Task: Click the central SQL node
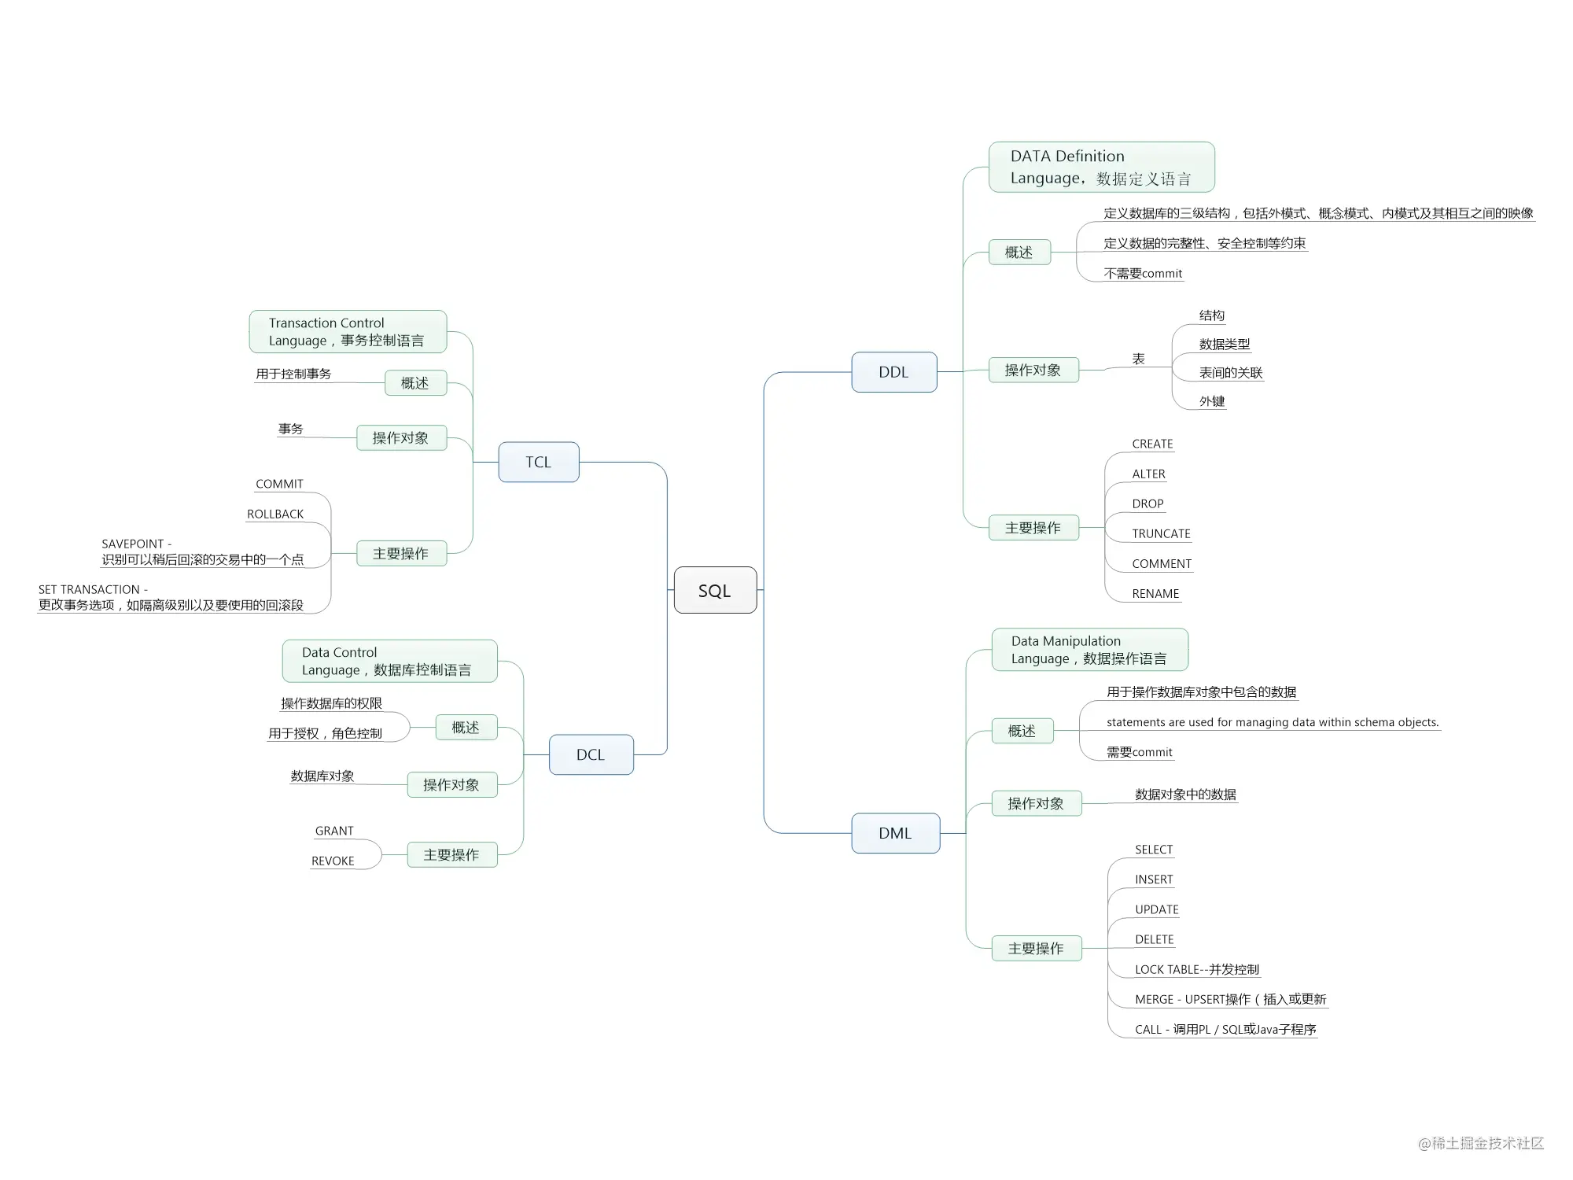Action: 715,590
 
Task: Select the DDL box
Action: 894,372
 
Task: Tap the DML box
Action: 896,833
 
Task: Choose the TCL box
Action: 539,462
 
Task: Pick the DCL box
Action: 591,754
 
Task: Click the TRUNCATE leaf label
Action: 1161,533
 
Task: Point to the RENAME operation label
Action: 1155,593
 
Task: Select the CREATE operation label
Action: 1152,444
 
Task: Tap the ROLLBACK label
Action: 275,514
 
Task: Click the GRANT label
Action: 334,831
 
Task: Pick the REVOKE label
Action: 333,861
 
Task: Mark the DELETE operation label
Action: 1154,939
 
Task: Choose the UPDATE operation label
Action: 1156,909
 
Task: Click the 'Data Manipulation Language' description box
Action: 1089,650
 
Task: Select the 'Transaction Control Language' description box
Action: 348,331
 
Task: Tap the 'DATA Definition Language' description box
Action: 1101,167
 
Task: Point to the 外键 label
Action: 1212,401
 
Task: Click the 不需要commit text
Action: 1143,273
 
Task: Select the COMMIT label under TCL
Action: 279,484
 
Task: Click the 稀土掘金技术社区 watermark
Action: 1481,1143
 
